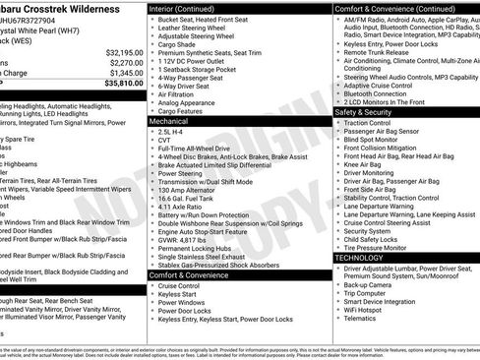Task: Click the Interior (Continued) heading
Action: pyautogui.click(x=191, y=8)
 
